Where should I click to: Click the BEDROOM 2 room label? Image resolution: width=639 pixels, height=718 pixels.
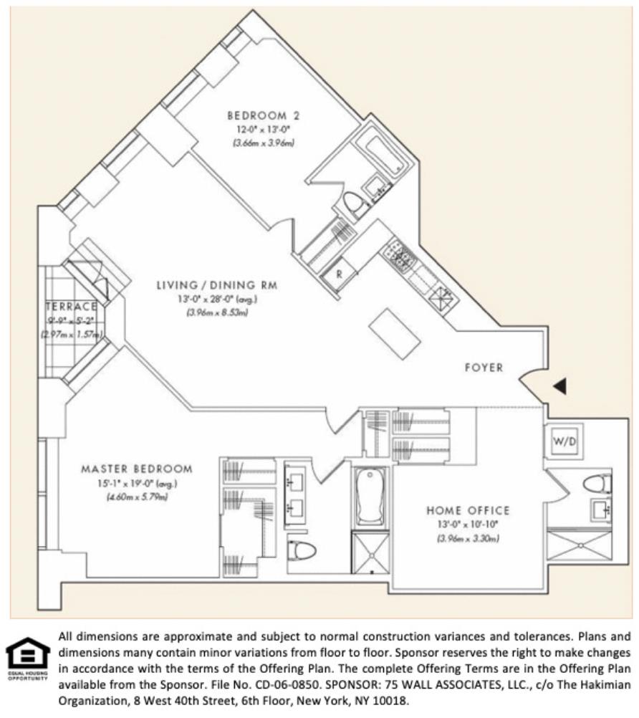263,115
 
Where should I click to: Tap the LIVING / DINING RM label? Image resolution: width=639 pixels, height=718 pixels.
217,286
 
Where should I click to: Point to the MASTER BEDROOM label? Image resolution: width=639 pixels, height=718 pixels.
136,469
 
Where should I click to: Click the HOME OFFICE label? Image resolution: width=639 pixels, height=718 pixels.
468,511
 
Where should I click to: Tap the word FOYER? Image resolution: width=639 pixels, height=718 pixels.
484,368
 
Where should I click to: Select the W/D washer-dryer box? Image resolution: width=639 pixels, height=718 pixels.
564,442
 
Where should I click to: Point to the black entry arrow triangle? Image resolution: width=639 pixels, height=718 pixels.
560,386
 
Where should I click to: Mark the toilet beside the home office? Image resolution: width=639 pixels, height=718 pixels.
596,484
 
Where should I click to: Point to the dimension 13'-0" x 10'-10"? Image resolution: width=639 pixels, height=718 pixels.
468,524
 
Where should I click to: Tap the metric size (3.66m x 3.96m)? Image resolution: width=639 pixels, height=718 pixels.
263,142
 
